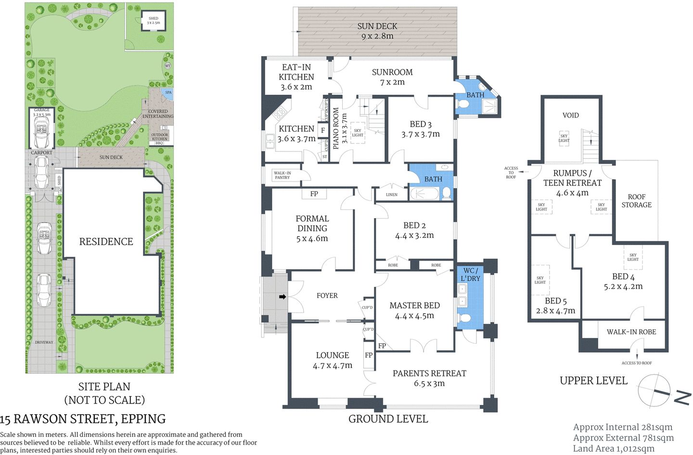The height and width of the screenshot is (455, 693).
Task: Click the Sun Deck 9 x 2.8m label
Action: (x=377, y=31)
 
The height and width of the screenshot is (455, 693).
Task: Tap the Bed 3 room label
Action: (x=420, y=129)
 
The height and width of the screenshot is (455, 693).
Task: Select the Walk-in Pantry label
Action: (x=282, y=175)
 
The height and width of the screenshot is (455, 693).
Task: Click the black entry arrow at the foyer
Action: (x=282, y=297)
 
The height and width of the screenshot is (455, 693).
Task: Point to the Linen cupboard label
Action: (x=392, y=195)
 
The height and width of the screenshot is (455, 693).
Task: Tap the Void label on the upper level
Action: (x=570, y=116)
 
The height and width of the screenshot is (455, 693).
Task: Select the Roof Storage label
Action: (x=636, y=201)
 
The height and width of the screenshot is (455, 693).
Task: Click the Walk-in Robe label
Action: (x=631, y=332)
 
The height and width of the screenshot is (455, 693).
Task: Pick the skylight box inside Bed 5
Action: (x=540, y=280)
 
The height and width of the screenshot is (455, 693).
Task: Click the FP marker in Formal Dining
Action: (x=314, y=194)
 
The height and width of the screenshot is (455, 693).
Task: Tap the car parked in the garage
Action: (x=41, y=132)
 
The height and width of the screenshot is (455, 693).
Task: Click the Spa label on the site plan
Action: (x=168, y=92)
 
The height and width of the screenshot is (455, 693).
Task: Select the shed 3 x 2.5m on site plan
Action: (x=153, y=21)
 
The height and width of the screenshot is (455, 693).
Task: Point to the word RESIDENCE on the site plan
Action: (x=106, y=242)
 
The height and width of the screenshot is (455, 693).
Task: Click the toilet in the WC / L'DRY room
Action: (x=465, y=319)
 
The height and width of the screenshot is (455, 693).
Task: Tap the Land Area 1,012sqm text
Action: (x=614, y=449)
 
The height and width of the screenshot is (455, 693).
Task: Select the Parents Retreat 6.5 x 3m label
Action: (x=429, y=378)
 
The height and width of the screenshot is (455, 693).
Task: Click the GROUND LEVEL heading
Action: (x=388, y=419)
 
